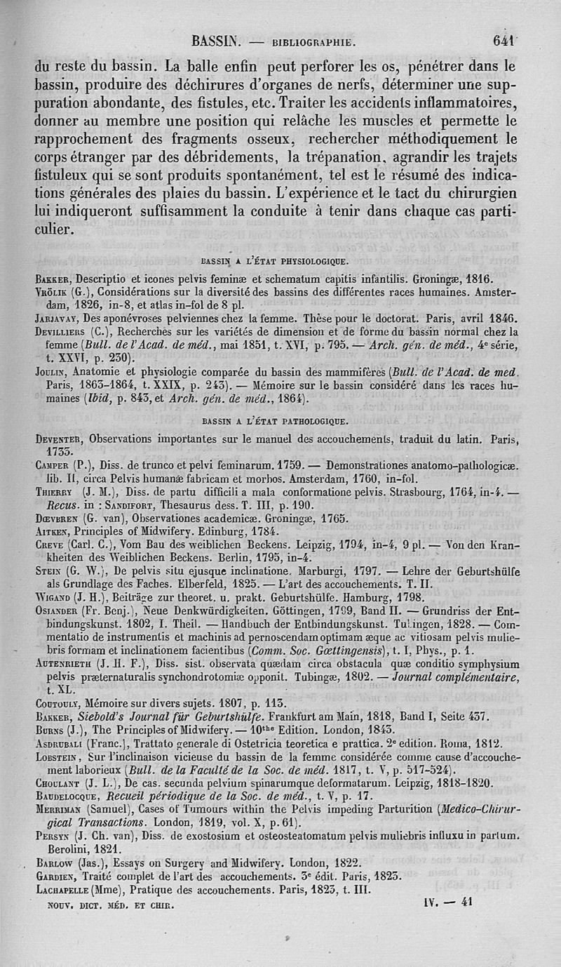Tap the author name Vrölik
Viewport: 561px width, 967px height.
coord(53,291)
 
